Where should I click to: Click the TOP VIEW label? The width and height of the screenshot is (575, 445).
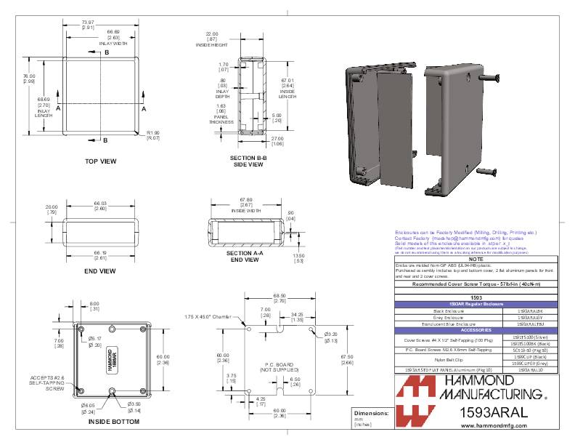click(x=100, y=161)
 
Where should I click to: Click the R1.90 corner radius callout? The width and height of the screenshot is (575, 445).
click(x=153, y=135)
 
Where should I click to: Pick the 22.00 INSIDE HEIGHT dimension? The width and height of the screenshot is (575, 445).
click(x=212, y=37)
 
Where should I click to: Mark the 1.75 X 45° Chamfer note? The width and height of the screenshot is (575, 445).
click(x=207, y=317)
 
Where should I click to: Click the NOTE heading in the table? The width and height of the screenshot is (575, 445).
click(x=476, y=260)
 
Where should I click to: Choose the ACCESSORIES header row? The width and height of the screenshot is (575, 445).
click(x=476, y=329)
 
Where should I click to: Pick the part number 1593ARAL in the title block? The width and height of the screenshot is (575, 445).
click(x=494, y=412)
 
